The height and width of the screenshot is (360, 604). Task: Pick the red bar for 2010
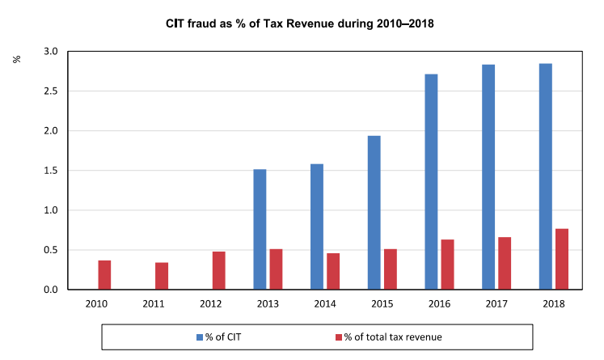tap(104, 274)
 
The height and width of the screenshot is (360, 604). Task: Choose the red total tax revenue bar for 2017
tap(505, 263)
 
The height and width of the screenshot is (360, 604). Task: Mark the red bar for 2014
tap(333, 271)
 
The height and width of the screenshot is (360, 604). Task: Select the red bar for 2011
tap(162, 276)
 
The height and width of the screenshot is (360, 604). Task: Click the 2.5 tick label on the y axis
tap(50, 91)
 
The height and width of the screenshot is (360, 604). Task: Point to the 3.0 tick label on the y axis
tap(50, 52)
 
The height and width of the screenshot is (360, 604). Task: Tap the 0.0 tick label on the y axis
tap(50, 290)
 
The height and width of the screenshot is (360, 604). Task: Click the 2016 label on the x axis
tap(439, 303)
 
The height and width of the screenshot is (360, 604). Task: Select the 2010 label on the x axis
tap(96, 303)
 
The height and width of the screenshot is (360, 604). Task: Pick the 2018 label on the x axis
tap(553, 303)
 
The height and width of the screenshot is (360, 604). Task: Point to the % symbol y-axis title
tap(17, 58)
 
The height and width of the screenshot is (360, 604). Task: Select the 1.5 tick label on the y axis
tap(50, 171)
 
